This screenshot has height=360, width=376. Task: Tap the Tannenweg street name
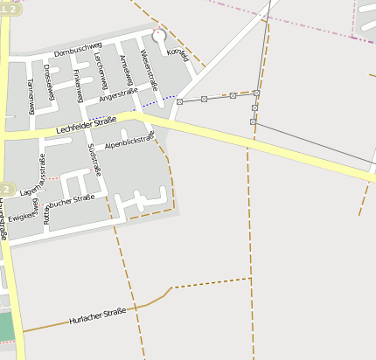click(31, 95)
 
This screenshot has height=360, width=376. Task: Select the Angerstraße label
click(120, 105)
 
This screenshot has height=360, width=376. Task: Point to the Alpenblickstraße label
click(128, 140)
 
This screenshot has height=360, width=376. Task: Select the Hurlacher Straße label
click(98, 315)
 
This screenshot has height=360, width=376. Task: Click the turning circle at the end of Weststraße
click(158, 36)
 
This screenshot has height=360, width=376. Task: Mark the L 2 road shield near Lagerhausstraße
click(5, 189)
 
